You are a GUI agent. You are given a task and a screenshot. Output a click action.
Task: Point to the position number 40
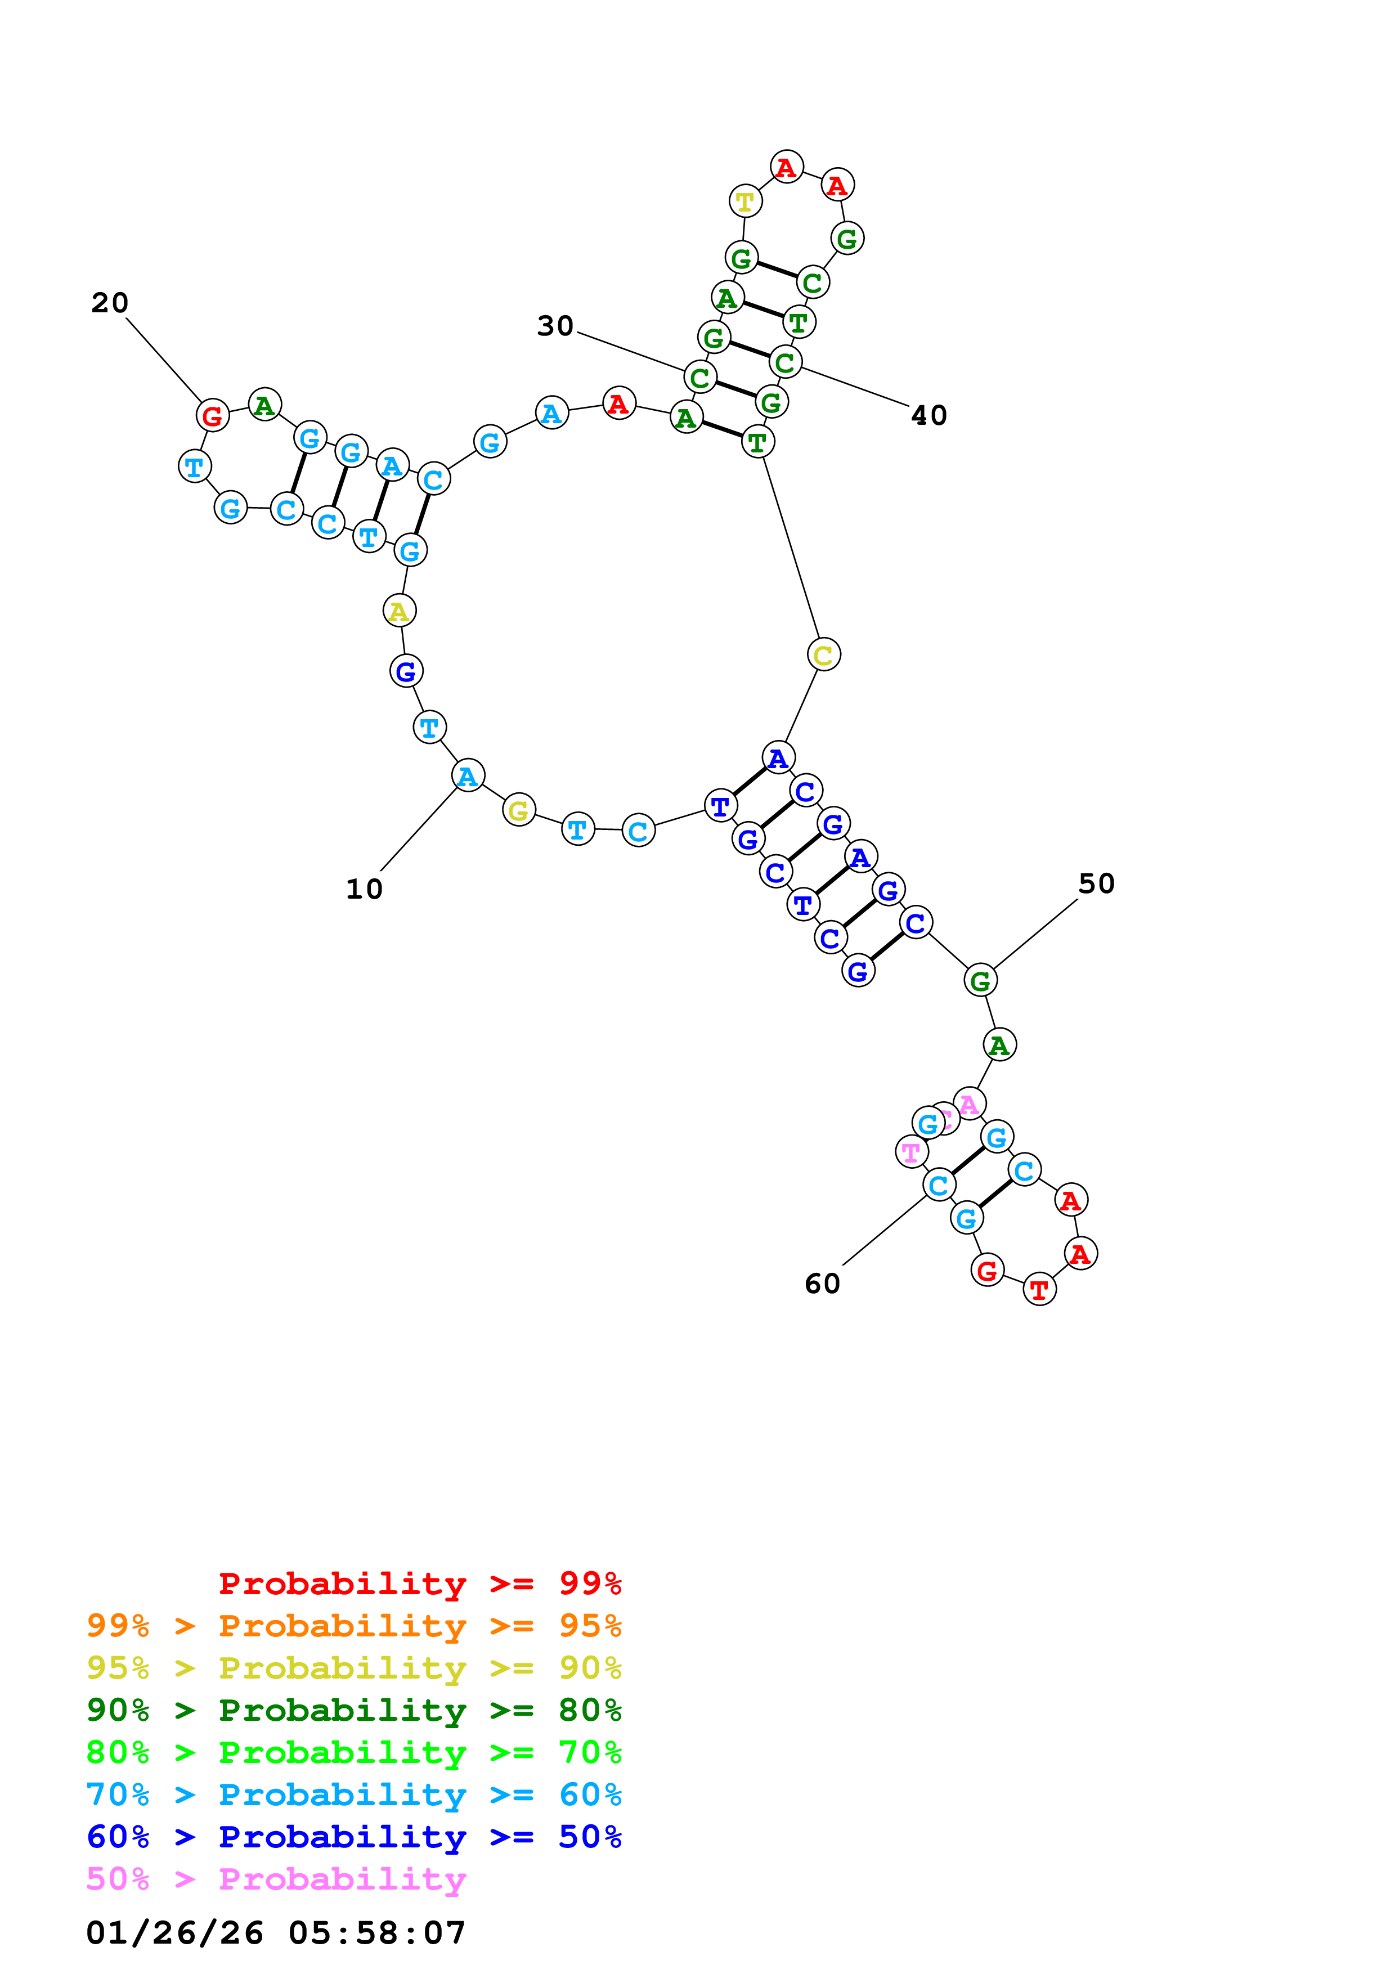[928, 415]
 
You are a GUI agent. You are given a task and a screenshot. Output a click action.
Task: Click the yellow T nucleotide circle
[745, 201]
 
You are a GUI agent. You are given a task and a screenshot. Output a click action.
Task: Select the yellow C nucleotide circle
[823, 655]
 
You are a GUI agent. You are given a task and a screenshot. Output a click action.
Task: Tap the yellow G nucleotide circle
[518, 810]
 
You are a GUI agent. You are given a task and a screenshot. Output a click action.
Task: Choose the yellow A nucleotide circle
[399, 611]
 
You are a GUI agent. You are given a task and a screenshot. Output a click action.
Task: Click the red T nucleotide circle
[1039, 1290]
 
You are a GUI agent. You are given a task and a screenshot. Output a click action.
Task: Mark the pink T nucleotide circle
[911, 1151]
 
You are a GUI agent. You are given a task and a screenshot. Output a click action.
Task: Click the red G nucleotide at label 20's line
[212, 416]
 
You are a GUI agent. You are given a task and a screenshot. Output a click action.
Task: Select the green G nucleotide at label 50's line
[980, 980]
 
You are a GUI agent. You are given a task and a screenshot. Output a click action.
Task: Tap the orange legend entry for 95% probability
[353, 1626]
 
